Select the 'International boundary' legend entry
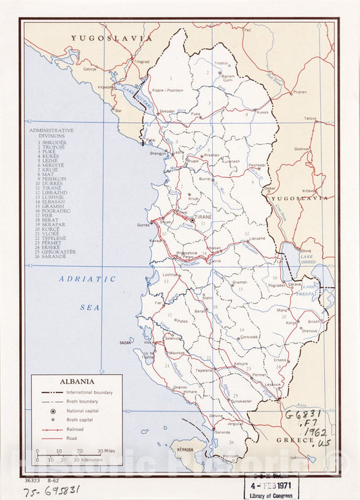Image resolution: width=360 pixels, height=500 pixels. (x=89, y=392)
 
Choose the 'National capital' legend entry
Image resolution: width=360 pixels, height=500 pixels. (x=82, y=411)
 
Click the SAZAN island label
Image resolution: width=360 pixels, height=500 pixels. (x=124, y=343)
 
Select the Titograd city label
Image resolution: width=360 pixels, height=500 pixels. (x=140, y=61)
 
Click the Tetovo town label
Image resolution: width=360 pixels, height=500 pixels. (x=310, y=118)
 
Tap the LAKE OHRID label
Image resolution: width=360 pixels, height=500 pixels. (x=307, y=261)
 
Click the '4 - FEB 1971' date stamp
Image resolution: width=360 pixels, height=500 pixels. (x=270, y=484)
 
